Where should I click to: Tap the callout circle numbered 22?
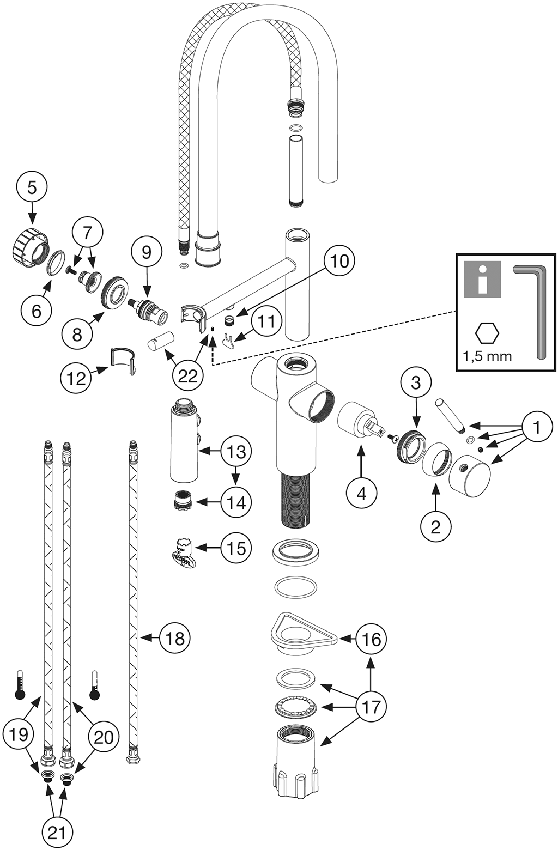(x=187, y=375)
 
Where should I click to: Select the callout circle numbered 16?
(x=371, y=639)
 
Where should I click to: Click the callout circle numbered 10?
(x=339, y=261)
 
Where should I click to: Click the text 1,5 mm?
(x=487, y=356)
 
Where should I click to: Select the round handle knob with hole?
(x=469, y=472)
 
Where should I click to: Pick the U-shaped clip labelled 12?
(x=123, y=359)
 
